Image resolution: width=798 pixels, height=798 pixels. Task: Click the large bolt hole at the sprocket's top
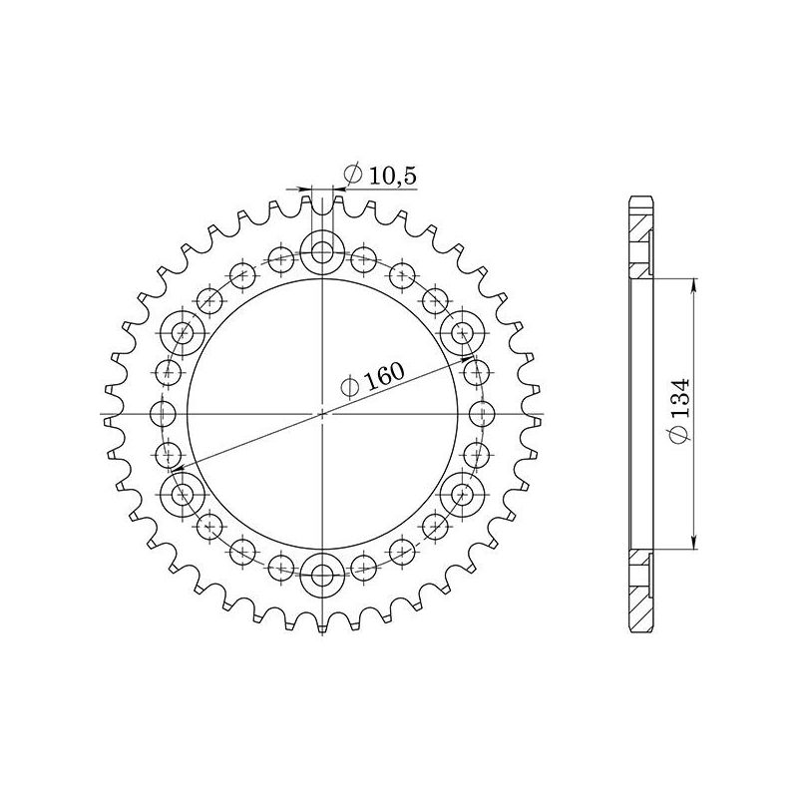tap(322, 249)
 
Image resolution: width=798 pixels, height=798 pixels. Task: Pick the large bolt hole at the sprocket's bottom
tap(322, 575)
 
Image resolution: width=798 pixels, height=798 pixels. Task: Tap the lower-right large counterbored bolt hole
tap(463, 493)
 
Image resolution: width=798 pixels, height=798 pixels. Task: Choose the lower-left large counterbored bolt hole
tap(182, 493)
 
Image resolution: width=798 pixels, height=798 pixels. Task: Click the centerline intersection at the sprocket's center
tap(322, 412)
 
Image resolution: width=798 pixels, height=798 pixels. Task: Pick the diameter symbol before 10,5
tap(351, 176)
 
